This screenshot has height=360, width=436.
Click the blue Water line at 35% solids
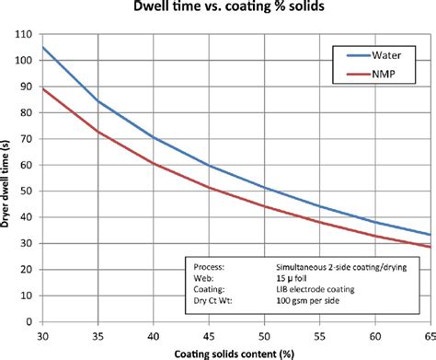(x=99, y=100)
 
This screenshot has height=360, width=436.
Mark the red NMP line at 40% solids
(x=155, y=163)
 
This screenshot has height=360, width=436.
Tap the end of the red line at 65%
(x=428, y=247)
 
